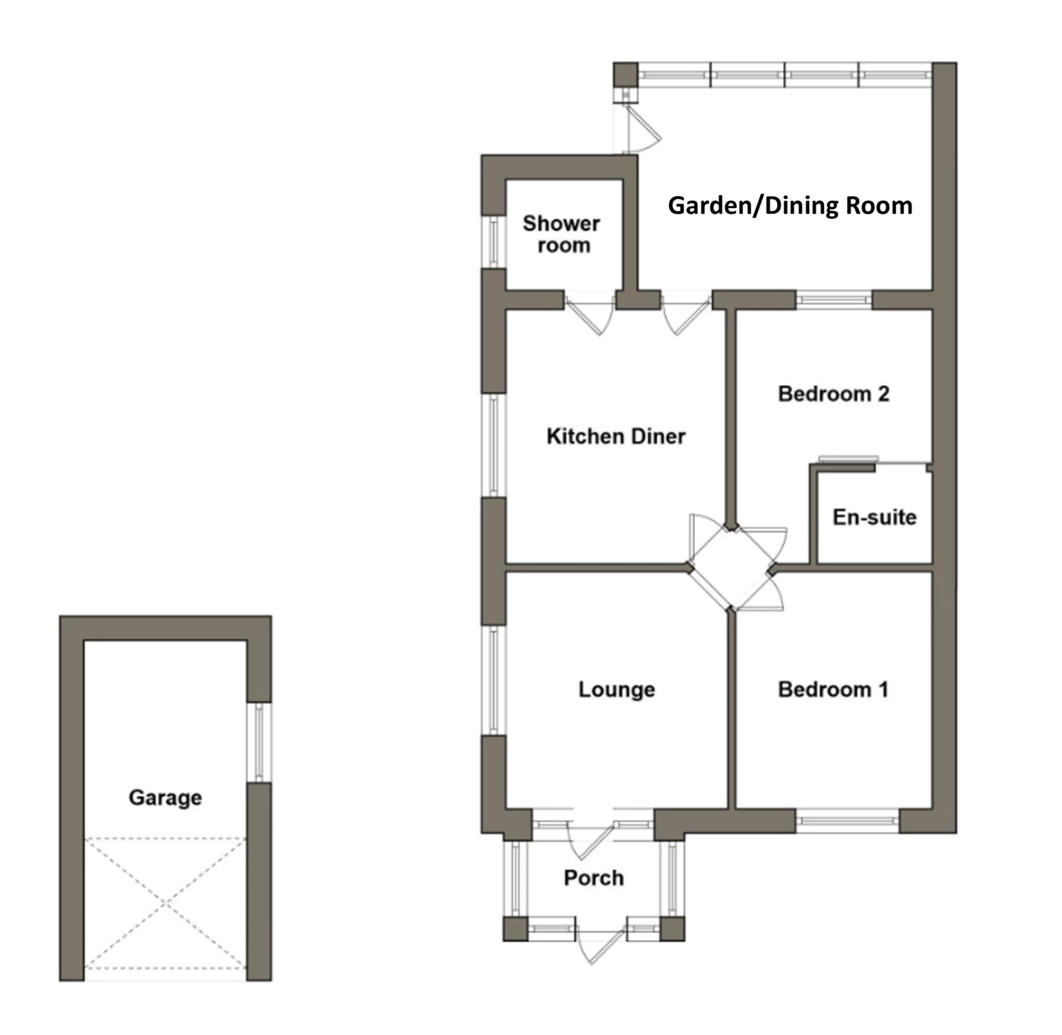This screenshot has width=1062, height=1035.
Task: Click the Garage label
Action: (x=165, y=798)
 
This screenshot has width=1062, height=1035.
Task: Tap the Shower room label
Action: (x=561, y=234)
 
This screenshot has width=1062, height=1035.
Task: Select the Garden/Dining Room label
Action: (x=790, y=206)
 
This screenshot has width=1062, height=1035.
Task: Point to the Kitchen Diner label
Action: (x=616, y=436)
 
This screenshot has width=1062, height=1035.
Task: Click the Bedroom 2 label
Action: (x=834, y=394)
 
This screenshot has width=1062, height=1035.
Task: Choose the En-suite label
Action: (x=874, y=517)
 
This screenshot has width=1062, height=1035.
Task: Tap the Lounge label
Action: (x=617, y=689)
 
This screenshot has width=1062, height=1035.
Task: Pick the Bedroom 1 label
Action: (x=833, y=689)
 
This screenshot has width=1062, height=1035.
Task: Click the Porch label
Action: (x=594, y=877)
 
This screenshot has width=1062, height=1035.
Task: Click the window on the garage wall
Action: (x=259, y=742)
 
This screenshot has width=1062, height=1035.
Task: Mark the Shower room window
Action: (x=493, y=242)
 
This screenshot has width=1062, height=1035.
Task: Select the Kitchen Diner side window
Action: (x=493, y=445)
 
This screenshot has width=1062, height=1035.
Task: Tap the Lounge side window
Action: (x=493, y=680)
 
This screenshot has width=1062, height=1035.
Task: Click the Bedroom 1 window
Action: (x=847, y=821)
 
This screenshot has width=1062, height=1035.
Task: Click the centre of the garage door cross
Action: (x=165, y=903)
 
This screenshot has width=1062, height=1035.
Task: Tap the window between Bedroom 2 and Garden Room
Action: (x=834, y=300)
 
